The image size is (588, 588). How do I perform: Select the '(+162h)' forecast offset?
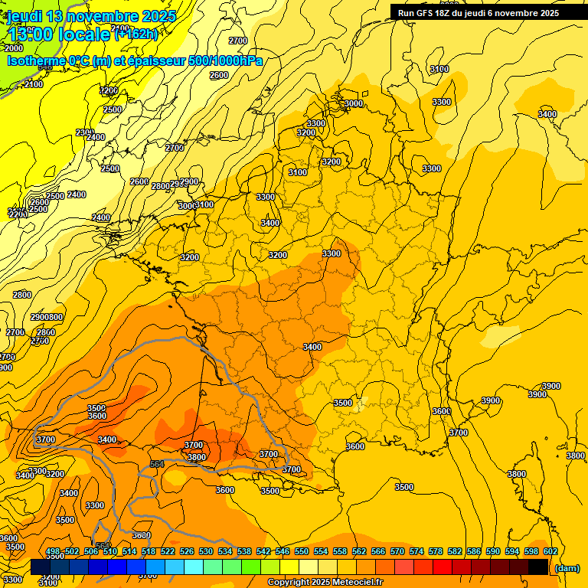[x=136, y=34]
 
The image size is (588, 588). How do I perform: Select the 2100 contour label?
[x=34, y=84]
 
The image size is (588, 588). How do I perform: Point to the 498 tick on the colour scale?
[x=53, y=552]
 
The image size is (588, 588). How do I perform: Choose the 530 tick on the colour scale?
[x=206, y=552]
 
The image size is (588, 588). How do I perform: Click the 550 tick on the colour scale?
[x=302, y=552]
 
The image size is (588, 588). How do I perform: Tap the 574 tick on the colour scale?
[x=416, y=552]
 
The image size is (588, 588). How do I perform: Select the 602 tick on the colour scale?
[x=550, y=552]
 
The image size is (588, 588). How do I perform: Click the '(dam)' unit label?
[x=568, y=568]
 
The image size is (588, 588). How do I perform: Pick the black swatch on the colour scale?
[x=538, y=567]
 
